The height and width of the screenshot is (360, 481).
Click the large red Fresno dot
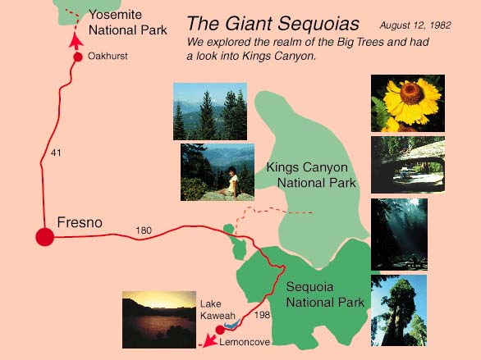45,237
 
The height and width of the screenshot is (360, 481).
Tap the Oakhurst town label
108,56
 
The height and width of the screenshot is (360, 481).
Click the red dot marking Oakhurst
78,57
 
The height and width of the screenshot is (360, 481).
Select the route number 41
56,153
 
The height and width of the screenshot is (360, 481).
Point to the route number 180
144,230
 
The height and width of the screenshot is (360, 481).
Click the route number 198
262,315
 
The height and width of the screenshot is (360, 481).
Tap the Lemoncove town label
245,342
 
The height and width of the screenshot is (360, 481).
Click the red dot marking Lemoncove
220,330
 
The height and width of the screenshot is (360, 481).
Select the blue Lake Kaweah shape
232,325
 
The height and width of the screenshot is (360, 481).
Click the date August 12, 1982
415,25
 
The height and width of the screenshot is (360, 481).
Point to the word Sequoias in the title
318,24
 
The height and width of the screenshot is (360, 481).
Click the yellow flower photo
408,103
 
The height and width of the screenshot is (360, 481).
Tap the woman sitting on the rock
231,183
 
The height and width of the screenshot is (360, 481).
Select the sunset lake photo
159,320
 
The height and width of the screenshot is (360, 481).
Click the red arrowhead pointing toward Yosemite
76,42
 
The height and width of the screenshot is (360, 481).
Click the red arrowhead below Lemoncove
209,340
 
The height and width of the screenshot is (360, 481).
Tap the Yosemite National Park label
127,22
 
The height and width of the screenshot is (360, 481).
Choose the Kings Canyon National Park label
311,175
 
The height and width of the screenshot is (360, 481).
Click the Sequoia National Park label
325,294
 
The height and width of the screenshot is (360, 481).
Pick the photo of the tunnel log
408,165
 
